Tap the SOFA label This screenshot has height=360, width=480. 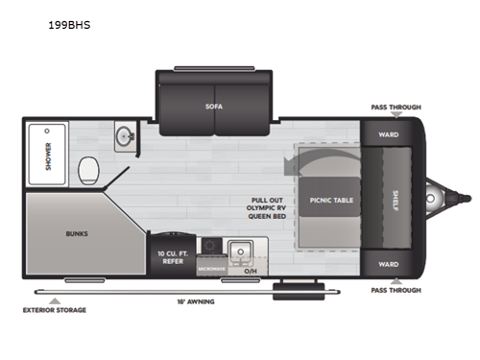pos(212,107)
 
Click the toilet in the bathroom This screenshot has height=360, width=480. pos(90,169)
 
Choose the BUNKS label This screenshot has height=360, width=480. pos(77,232)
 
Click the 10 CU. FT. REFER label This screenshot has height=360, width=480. pos(174,257)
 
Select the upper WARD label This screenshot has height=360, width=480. pos(388,135)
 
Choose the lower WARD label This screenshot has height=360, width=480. pos(388,264)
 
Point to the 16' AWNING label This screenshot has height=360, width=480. pos(196,301)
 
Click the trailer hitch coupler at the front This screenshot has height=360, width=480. pos(462,200)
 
